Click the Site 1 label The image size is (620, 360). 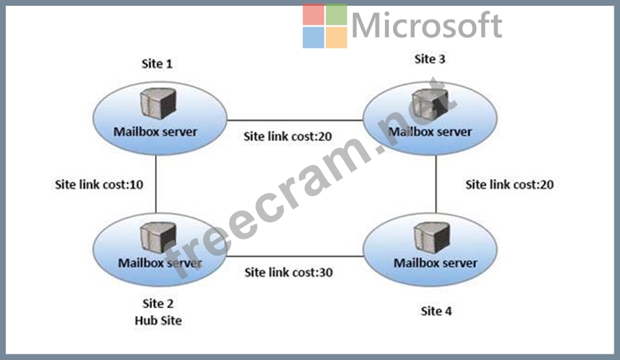click(x=157, y=64)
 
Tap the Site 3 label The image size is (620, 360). click(x=430, y=59)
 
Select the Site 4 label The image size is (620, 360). click(x=436, y=311)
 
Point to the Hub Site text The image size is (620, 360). click(x=158, y=320)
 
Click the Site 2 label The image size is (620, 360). click(x=158, y=304)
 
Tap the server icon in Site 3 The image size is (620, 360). click(x=428, y=103)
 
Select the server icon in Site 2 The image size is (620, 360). click(x=157, y=238)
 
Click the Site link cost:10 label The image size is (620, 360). click(x=99, y=185)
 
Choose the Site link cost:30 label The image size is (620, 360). click(x=288, y=272)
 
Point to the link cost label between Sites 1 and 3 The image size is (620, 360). click(x=288, y=136)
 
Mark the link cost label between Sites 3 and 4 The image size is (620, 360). click(x=509, y=185)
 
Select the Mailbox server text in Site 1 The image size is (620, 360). click(x=156, y=133)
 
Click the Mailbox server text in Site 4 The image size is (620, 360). click(x=436, y=263)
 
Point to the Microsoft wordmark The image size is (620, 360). click(x=427, y=26)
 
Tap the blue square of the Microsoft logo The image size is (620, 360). click(x=313, y=37)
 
